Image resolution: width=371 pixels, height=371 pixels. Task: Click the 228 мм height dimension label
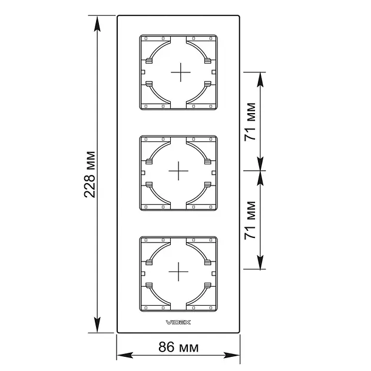pos(90,174)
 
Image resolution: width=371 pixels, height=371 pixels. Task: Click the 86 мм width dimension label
pos(178,347)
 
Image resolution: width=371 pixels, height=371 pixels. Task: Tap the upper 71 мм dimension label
pos(250,122)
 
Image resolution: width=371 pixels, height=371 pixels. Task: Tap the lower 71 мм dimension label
pos(250,220)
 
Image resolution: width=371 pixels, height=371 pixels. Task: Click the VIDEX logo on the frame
pos(178,322)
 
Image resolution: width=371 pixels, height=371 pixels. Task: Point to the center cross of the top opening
pos(181,72)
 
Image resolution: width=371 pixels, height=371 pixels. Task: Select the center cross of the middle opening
pos(178,171)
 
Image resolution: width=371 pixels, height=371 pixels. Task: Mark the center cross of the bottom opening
pos(178,271)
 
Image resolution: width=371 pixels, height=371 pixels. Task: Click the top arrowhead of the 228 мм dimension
pos(97,24)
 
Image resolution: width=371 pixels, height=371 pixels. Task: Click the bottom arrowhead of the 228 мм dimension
pos(97,324)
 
